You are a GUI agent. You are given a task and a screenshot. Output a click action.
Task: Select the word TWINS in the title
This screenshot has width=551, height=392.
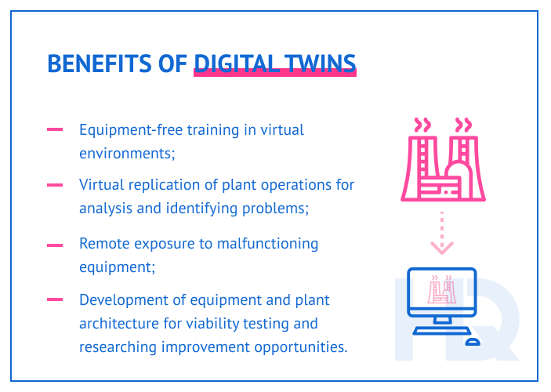tap(321, 64)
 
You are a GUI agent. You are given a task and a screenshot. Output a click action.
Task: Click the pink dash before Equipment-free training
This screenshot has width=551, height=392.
tap(55, 130)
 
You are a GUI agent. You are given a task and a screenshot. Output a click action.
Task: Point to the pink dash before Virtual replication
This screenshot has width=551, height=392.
tap(55, 186)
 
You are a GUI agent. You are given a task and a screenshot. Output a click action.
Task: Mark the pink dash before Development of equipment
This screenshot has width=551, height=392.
tap(55, 299)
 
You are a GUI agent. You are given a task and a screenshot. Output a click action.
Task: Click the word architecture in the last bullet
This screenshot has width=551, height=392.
tap(118, 323)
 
